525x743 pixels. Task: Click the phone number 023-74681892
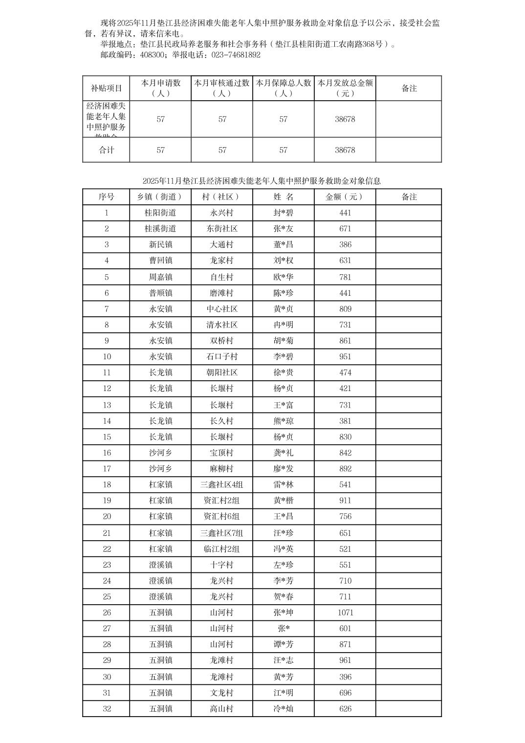point(236,55)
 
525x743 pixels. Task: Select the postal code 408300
point(152,55)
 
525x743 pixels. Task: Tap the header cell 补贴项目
point(106,88)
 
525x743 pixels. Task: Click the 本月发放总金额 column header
point(345,88)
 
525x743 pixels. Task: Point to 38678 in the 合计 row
point(345,150)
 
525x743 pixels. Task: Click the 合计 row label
point(106,150)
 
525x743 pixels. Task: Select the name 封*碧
point(283,213)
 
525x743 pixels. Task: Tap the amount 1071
point(345,612)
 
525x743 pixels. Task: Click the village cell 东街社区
point(222,229)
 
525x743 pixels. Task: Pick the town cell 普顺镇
point(160,293)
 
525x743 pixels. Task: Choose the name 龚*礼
point(283,453)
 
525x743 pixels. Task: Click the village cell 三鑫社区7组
point(222,533)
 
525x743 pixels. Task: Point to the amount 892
point(345,469)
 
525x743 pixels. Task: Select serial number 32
point(107,709)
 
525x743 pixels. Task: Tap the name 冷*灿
point(283,709)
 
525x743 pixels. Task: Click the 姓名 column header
point(283,197)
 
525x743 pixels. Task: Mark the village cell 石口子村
point(222,357)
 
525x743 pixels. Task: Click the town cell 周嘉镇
point(160,277)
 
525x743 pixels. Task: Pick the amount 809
point(345,309)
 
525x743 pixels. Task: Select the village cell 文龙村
point(222,693)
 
